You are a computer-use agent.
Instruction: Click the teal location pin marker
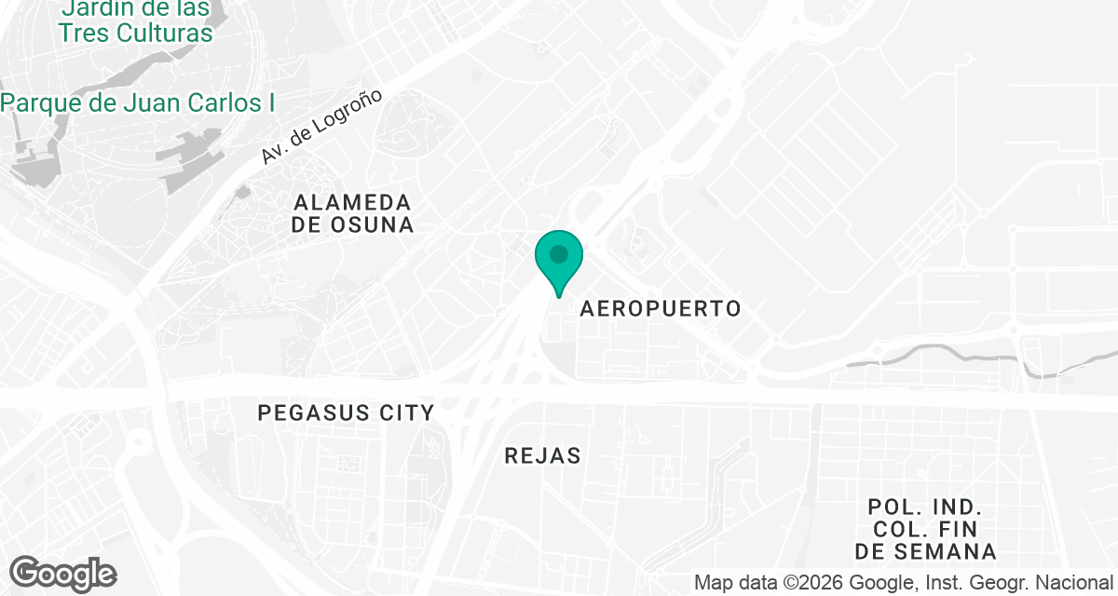(x=559, y=262)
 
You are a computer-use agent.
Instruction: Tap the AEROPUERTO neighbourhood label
(x=661, y=308)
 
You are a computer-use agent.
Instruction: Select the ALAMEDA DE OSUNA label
(x=352, y=213)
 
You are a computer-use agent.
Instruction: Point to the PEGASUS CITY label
(x=346, y=412)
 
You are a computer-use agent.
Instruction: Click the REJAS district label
(x=542, y=455)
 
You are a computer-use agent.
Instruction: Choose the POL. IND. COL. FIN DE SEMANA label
(x=925, y=529)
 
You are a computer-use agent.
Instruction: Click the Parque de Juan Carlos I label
(x=140, y=102)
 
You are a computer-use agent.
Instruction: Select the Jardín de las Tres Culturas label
(x=135, y=21)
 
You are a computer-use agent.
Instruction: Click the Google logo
(x=62, y=574)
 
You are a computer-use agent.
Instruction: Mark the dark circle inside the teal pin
(x=559, y=253)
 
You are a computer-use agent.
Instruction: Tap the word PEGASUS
(x=312, y=412)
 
